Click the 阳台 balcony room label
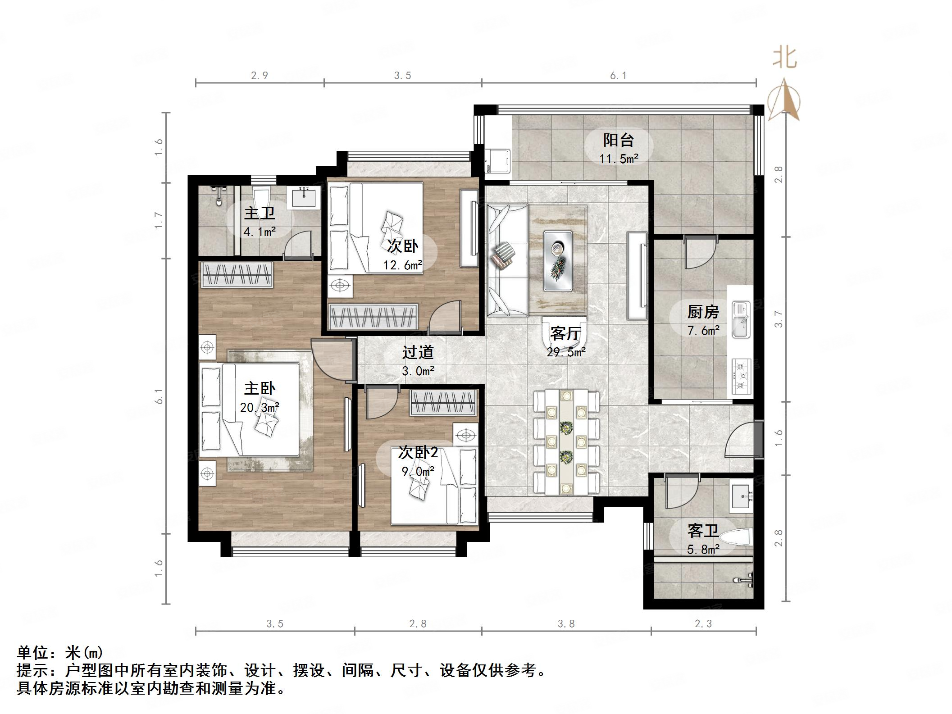coord(618,141)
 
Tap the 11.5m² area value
coord(618,159)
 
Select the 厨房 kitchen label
coord(703,312)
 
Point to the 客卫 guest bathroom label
coord(703,531)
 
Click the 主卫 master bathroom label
coord(260,213)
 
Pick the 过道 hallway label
coord(418,352)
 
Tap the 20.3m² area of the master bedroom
coord(260,408)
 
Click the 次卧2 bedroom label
coord(418,452)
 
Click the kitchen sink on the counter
coord(740,326)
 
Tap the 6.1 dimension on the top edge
coord(618,76)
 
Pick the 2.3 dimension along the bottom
coord(703,624)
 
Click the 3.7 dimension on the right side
coord(779,318)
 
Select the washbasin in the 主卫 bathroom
coord(306,197)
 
